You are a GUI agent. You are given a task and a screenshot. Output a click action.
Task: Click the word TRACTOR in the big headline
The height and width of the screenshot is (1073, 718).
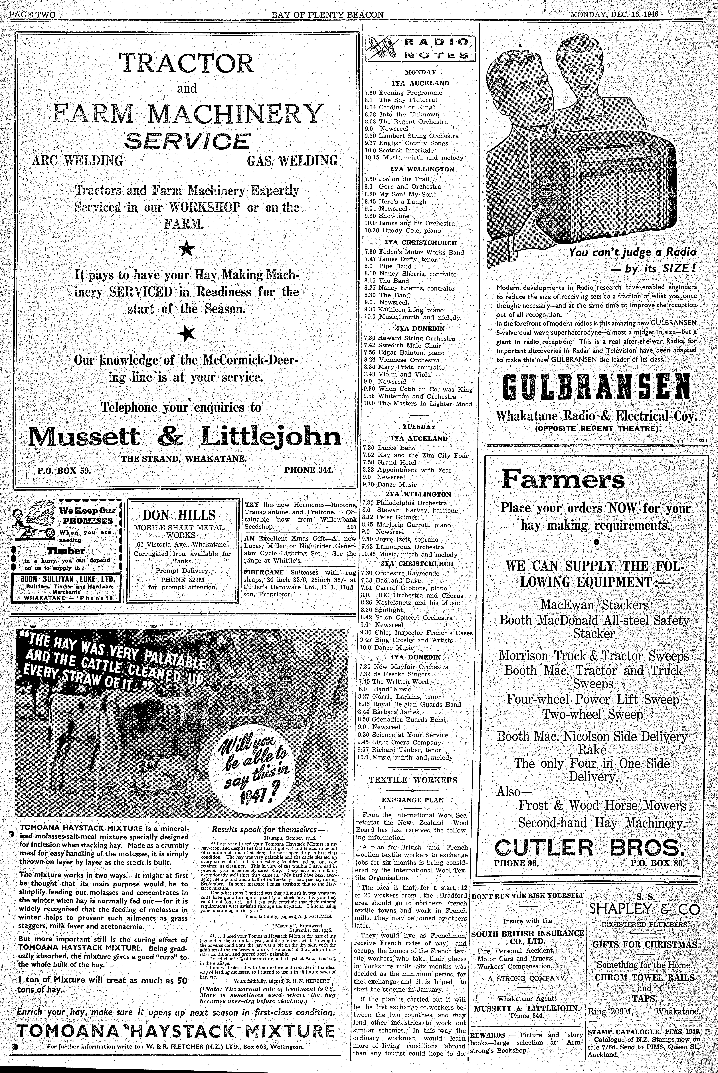click(186, 63)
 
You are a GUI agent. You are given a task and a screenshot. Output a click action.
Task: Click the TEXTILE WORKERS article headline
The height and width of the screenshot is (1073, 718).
click(413, 780)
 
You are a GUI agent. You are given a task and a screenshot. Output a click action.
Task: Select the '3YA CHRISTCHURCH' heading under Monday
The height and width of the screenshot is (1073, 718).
click(418, 242)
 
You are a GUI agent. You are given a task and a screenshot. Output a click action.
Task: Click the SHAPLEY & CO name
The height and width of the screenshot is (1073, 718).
click(645, 909)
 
